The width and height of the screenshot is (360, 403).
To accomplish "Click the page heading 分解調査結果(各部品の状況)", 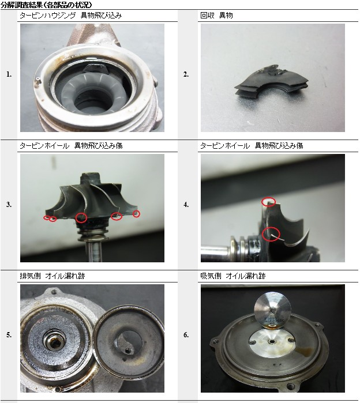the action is (46, 5).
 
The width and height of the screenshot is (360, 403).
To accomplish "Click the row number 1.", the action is (9, 74).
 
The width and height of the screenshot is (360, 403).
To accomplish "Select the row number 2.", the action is (186, 74).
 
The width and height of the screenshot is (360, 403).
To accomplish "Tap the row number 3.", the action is (9, 205).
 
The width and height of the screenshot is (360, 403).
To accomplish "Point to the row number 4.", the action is (186, 205).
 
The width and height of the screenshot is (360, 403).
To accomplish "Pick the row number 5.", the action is (9, 335).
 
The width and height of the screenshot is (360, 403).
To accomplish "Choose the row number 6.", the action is (186, 335).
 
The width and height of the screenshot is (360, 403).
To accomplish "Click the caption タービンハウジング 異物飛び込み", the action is (71, 16).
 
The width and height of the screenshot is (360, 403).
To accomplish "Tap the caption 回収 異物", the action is (216, 16).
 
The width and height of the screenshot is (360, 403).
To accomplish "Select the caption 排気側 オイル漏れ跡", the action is (52, 276).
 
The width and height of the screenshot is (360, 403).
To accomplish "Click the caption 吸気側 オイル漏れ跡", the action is (233, 276).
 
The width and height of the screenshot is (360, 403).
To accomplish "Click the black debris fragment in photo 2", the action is (271, 82).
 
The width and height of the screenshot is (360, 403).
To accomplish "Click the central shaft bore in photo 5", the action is (54, 342).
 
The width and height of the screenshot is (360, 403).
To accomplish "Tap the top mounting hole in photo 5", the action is (54, 292).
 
